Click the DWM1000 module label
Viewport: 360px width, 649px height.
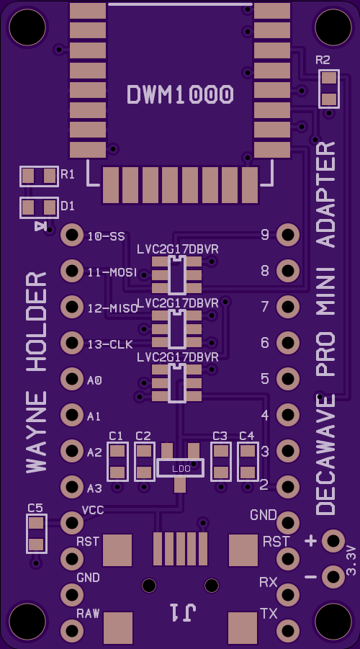tap(180, 94)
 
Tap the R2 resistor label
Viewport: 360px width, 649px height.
tap(323, 61)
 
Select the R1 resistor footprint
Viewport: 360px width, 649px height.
tap(39, 176)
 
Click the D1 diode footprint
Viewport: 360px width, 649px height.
tap(39, 207)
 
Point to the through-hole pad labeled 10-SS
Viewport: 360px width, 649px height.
tap(72, 235)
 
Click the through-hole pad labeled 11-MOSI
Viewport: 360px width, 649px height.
tap(72, 271)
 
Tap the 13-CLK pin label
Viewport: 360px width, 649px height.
tap(110, 344)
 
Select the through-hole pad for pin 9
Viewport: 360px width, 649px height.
tap(288, 235)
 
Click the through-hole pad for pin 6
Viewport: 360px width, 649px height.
tap(288, 343)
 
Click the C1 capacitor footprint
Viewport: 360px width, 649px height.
tap(117, 462)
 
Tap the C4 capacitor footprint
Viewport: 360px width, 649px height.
tap(248, 462)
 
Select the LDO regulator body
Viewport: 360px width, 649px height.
tap(181, 467)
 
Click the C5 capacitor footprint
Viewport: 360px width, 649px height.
tap(37, 534)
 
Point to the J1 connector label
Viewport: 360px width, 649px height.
tap(182, 612)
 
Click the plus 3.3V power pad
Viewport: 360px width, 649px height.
tap(333, 540)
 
